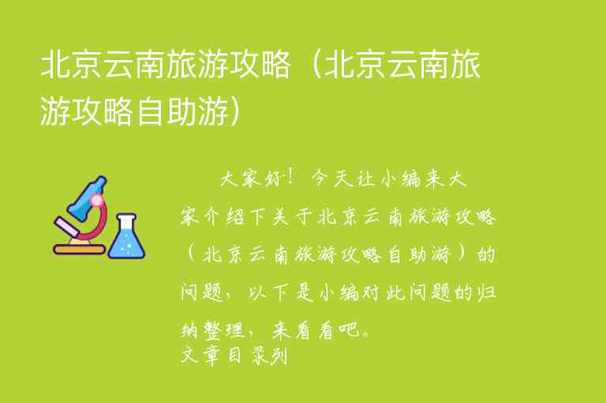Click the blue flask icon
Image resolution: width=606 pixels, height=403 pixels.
[x=127, y=239]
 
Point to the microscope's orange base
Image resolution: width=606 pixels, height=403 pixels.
[x=79, y=250]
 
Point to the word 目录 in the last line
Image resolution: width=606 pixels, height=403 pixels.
[x=245, y=356]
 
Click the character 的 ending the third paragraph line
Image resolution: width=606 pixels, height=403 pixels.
[x=486, y=254]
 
